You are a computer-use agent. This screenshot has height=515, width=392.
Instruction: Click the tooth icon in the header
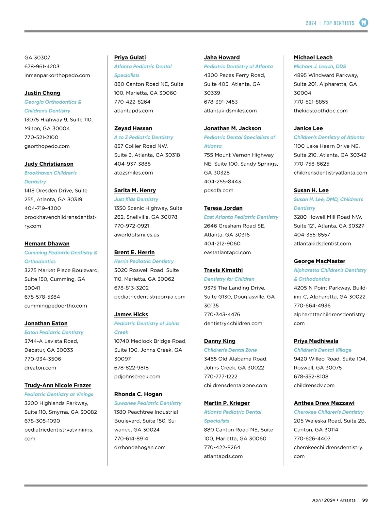(364, 23)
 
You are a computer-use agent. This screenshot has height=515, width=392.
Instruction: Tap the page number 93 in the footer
(365, 500)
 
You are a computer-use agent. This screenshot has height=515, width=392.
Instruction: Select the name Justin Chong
(42, 93)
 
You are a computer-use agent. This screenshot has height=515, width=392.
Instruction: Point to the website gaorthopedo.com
(47, 146)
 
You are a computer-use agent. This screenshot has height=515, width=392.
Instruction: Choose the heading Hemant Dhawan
(47, 244)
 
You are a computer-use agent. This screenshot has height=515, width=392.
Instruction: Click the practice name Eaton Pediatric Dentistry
(54, 332)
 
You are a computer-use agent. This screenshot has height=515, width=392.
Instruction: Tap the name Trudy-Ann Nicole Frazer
(58, 386)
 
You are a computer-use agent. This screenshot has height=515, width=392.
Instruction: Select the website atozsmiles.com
(134, 173)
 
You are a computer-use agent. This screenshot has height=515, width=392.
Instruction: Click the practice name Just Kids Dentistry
(136, 199)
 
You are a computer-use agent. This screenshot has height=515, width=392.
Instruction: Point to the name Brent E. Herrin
(135, 253)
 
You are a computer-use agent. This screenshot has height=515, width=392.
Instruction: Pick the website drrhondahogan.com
(140, 447)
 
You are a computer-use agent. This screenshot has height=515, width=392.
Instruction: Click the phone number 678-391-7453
(221, 102)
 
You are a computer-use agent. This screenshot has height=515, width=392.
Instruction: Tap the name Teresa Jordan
(223, 208)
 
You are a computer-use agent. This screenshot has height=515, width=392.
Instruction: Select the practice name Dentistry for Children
(229, 279)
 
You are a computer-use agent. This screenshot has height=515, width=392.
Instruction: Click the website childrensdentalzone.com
(236, 385)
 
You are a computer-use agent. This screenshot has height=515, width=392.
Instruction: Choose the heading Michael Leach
(313, 58)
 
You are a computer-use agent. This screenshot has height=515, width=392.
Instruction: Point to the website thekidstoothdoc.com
(321, 111)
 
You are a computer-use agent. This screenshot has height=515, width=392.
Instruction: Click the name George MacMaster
(319, 261)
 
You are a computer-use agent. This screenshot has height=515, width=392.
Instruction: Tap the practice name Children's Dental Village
(323, 350)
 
